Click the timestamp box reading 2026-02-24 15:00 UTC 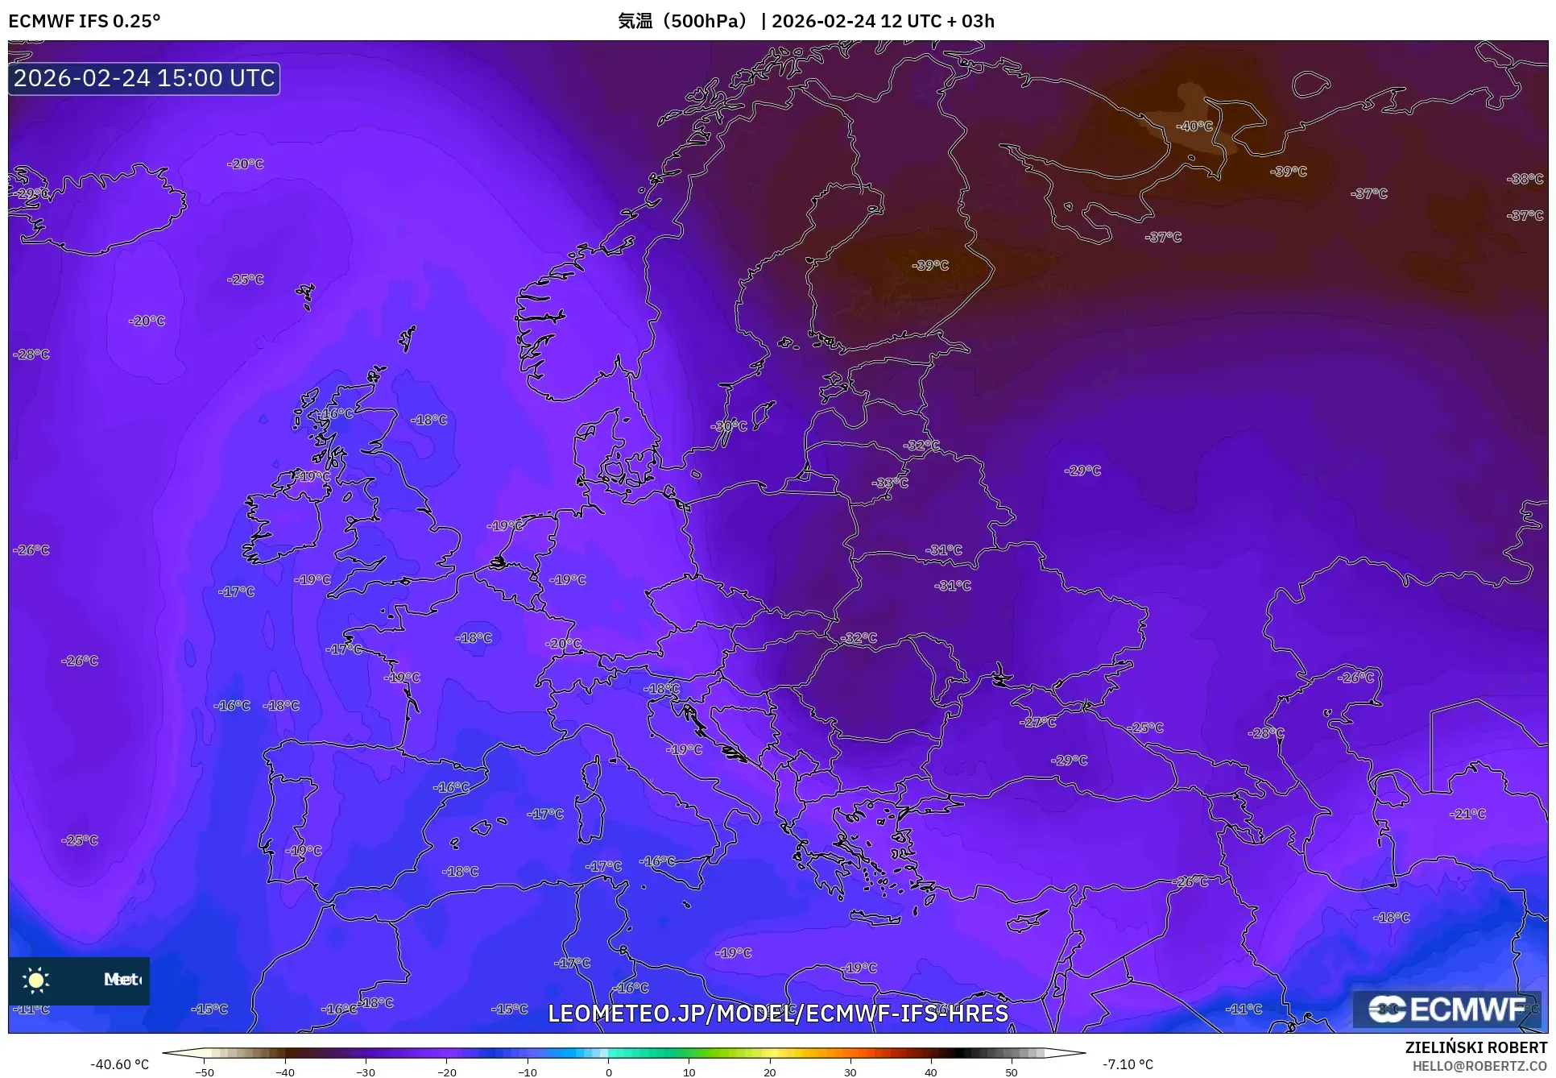pyautogui.click(x=144, y=78)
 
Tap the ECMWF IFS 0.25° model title pyautogui.click(x=85, y=21)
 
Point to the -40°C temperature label pyautogui.click(x=1194, y=126)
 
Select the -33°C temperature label pyautogui.click(x=890, y=483)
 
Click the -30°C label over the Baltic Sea pyautogui.click(x=729, y=426)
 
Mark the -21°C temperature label pyautogui.click(x=1467, y=815)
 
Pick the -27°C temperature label pyautogui.click(x=1037, y=723)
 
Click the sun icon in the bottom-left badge pyautogui.click(x=36, y=980)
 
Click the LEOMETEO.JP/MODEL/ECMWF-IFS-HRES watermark pyautogui.click(x=778, y=1013)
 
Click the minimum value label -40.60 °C pyautogui.click(x=120, y=1064)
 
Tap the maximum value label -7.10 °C pyautogui.click(x=1128, y=1064)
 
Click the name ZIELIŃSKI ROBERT pyautogui.click(x=1476, y=1048)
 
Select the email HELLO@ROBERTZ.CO pyautogui.click(x=1479, y=1066)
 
